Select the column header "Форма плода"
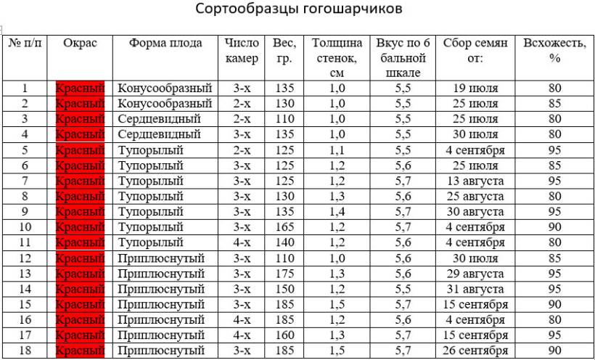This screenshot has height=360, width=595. click(165, 43)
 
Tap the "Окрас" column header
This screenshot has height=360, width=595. click(81, 43)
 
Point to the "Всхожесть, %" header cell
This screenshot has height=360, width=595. click(555, 50)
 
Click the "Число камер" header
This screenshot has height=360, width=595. click(242, 50)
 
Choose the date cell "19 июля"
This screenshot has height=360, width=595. click(475, 89)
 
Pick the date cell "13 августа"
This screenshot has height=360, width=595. click(475, 181)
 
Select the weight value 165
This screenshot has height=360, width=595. click(285, 227)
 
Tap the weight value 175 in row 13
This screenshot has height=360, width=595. click(285, 274)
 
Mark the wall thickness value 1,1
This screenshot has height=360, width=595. click(337, 150)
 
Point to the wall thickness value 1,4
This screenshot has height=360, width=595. click(337, 212)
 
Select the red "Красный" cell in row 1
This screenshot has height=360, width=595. click(81, 89)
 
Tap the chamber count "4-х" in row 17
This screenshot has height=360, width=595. click(242, 335)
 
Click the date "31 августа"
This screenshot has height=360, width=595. click(475, 289)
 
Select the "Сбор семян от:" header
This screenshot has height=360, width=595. click(475, 50)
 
